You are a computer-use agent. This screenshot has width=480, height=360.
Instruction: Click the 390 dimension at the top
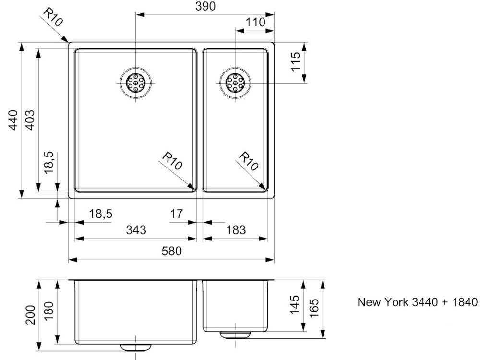pyautogui.click(x=205, y=6)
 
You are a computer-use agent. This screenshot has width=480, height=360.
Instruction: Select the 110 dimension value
pyautogui.click(x=255, y=23)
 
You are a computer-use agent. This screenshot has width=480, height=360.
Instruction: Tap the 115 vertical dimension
pyautogui.click(x=296, y=61)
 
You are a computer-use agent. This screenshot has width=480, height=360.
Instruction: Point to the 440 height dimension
pyautogui.click(x=13, y=120)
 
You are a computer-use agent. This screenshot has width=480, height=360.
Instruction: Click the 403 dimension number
pyautogui.click(x=30, y=120)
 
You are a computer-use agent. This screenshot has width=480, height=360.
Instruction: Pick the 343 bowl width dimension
pyautogui.click(x=136, y=229)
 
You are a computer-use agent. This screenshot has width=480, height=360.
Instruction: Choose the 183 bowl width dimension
pyautogui.click(x=236, y=229)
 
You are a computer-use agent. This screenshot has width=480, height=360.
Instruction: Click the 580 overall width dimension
pyautogui.click(x=171, y=251)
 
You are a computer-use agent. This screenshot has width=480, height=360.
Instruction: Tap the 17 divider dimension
pyautogui.click(x=176, y=214)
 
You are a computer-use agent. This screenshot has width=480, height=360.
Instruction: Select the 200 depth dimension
pyautogui.click(x=31, y=315)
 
